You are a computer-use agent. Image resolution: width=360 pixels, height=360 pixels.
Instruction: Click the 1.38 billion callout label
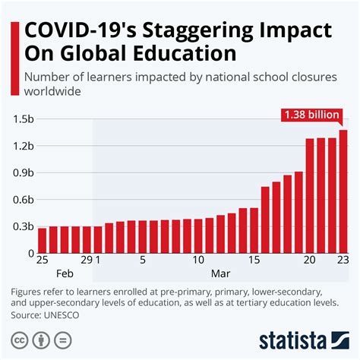(311, 115)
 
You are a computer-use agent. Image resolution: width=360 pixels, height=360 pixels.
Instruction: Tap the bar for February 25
(42, 240)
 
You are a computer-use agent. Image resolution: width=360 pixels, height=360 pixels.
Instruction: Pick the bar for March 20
(310, 195)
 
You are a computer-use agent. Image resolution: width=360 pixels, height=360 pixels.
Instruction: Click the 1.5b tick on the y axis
(24, 119)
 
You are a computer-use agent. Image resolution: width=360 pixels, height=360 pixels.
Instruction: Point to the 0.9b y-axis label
(24, 173)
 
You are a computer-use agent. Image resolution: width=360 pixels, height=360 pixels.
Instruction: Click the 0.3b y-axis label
(24, 226)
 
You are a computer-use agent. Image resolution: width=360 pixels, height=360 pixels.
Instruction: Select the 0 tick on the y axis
(31, 253)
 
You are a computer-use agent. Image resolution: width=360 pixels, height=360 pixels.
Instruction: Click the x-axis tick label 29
(87, 260)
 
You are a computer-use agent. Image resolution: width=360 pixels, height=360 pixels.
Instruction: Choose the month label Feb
(64, 273)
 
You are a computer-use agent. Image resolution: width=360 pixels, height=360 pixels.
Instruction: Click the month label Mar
(220, 273)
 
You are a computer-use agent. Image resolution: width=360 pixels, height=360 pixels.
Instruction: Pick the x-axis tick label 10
(198, 260)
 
